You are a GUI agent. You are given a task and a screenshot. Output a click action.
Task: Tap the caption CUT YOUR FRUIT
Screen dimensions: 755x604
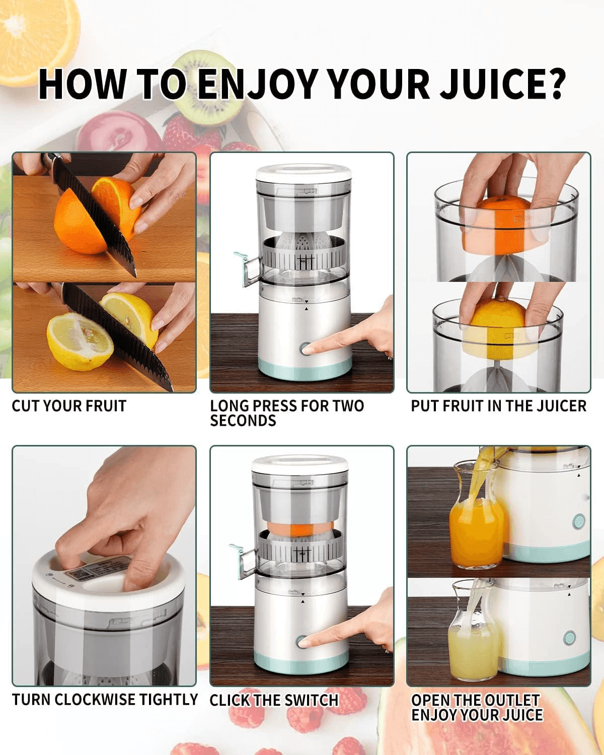coord(69,406)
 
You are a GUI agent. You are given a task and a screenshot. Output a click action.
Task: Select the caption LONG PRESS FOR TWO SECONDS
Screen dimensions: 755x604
coord(286,413)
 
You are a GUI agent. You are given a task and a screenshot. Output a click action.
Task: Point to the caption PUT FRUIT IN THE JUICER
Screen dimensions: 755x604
coord(498,406)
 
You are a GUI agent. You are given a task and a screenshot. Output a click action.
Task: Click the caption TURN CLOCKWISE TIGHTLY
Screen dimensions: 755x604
coord(105,700)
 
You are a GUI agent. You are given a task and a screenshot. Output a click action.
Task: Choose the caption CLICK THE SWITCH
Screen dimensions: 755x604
coord(274,700)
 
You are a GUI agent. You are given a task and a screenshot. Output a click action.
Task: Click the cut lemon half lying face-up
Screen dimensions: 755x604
coord(80,341)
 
